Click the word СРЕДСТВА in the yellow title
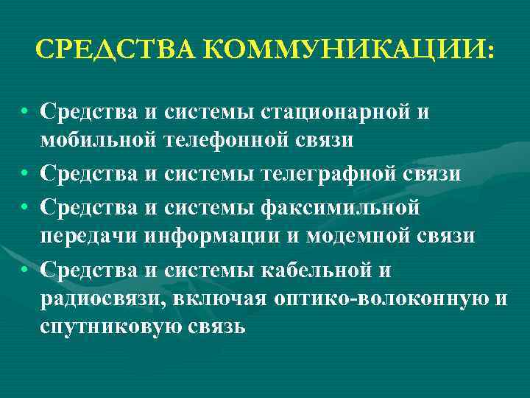click(x=113, y=50)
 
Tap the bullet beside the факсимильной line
click(x=25, y=208)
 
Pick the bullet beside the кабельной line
click(x=25, y=271)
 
